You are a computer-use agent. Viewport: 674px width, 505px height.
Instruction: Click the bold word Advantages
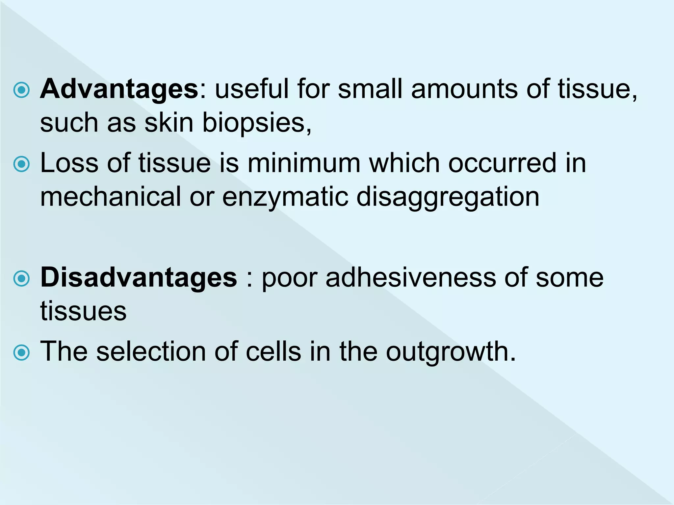click(119, 89)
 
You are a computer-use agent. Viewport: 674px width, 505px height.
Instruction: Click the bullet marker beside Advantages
click(22, 90)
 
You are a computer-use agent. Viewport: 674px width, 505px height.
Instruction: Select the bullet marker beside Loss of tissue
click(22, 164)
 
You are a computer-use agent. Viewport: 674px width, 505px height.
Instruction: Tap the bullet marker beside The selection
click(22, 352)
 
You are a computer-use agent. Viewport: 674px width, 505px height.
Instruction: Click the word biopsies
click(256, 123)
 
